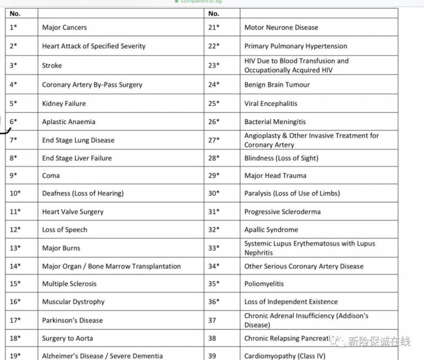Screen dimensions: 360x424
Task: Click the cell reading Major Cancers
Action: tap(64, 28)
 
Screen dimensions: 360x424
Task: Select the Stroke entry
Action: tap(52, 66)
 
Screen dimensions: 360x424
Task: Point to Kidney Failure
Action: tap(64, 104)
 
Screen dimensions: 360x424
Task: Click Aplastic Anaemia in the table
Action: tap(69, 122)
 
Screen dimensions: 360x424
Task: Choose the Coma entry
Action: tap(51, 175)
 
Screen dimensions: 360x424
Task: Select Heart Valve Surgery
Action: tap(73, 212)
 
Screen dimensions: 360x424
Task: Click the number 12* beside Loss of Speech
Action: tap(15, 230)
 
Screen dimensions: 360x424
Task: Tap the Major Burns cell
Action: tap(61, 248)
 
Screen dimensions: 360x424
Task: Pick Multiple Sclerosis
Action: tap(69, 284)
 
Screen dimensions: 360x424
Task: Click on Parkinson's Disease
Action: tap(73, 320)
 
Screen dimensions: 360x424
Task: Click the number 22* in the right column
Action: tap(214, 46)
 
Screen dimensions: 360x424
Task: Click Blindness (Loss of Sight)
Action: tap(281, 158)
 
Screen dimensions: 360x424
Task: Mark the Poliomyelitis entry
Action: tap(264, 284)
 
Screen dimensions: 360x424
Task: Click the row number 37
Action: tap(212, 320)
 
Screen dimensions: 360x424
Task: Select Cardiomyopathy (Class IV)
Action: tap(285, 356)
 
